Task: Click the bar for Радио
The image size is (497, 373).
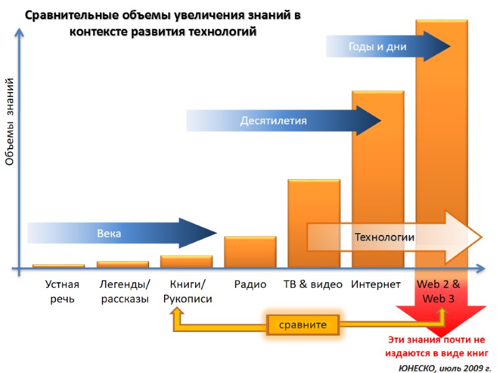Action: pyautogui.click(x=250, y=252)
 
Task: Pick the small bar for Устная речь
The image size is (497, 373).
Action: pyautogui.click(x=58, y=266)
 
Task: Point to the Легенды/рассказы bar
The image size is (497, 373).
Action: pyautogui.click(x=123, y=265)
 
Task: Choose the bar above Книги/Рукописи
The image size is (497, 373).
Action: pyautogui.click(x=186, y=262)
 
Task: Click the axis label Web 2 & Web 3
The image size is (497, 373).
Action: pyautogui.click(x=439, y=292)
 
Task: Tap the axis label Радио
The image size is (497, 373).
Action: pyautogui.click(x=250, y=285)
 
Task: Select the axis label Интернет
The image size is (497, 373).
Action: pyautogui.click(x=376, y=285)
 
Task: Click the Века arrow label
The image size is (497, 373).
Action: pyautogui.click(x=109, y=234)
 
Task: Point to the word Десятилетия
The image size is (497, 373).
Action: pyautogui.click(x=273, y=121)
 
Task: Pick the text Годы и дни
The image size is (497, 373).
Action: pyautogui.click(x=377, y=47)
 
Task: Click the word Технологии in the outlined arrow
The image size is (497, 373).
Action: pyautogui.click(x=384, y=237)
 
